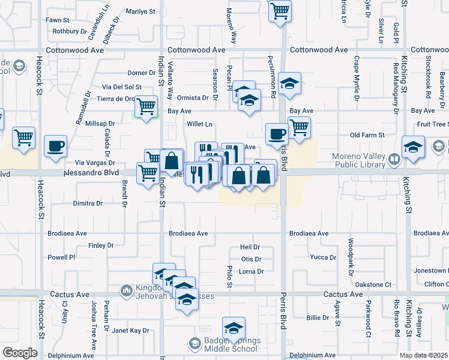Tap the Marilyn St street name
point(140,11)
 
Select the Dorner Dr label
point(141,73)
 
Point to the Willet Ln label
point(199,124)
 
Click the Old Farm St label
point(367,136)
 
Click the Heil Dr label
point(250,247)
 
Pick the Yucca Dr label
point(323,257)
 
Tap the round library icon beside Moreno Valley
point(394,160)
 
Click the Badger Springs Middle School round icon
point(194,344)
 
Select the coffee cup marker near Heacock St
point(55,146)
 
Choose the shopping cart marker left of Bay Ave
point(146,106)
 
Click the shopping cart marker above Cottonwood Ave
point(280,10)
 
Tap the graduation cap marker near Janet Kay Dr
point(234,328)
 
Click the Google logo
point(20,353)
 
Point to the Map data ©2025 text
point(423,355)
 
